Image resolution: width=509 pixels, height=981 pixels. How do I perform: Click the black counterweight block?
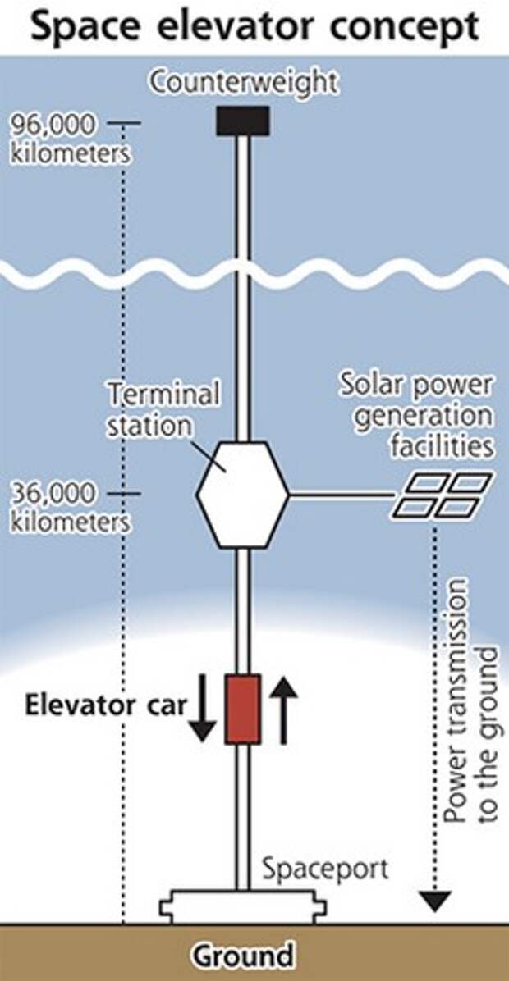coord(243,121)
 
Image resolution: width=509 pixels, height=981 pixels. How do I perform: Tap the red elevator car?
coord(243,709)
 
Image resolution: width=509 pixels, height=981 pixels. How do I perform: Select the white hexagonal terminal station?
coord(243,495)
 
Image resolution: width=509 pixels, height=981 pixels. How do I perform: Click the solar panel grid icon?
coord(443,495)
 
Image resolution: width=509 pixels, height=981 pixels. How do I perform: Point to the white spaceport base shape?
coord(243,907)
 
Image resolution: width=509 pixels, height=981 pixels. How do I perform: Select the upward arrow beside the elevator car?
coord(283,711)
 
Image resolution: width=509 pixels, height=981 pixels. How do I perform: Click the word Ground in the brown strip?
coord(242,956)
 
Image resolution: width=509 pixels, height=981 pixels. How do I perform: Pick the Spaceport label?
coord(325,869)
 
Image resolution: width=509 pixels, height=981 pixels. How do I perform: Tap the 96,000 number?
coord(54,125)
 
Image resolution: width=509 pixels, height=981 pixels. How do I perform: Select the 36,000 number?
coord(54,495)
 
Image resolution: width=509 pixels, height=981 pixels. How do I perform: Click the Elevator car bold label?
coord(106,705)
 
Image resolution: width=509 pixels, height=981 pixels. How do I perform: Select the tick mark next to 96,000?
coord(124,123)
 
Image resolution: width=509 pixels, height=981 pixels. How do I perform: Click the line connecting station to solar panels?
coord(342,495)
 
